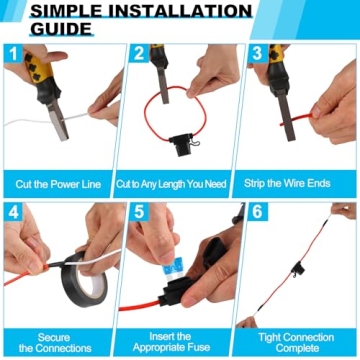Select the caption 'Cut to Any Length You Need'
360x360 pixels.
(177, 184)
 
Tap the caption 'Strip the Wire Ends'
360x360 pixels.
(297, 184)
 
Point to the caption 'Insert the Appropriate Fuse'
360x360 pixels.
(177, 343)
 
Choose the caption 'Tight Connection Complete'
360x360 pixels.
(297, 343)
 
